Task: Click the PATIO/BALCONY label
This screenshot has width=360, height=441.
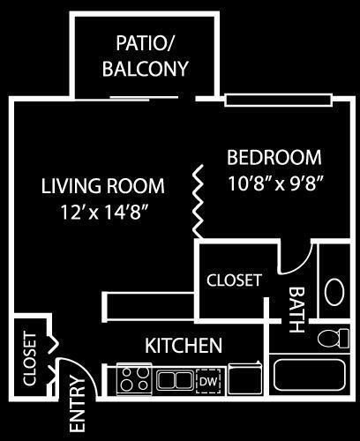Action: [145, 56]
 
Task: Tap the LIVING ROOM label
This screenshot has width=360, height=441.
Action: [103, 186]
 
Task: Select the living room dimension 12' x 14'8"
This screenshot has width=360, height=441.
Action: [103, 213]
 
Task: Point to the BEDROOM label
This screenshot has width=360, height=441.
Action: [274, 157]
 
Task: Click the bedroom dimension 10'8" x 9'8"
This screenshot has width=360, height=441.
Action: [276, 183]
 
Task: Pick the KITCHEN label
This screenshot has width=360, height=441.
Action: [184, 345]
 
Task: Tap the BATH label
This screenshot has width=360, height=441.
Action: [296, 310]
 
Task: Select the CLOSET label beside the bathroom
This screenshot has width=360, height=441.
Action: [234, 280]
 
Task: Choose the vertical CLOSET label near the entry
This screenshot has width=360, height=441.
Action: [30, 359]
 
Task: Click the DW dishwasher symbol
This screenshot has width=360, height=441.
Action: [208, 381]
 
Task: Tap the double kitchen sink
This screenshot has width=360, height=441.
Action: [175, 380]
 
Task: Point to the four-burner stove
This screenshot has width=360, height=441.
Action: [134, 379]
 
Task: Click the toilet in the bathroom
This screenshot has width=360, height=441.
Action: [334, 339]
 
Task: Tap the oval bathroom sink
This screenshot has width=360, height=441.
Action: [334, 292]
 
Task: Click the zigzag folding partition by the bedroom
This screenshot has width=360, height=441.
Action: [198, 202]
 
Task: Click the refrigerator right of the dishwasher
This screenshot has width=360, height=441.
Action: [245, 379]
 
